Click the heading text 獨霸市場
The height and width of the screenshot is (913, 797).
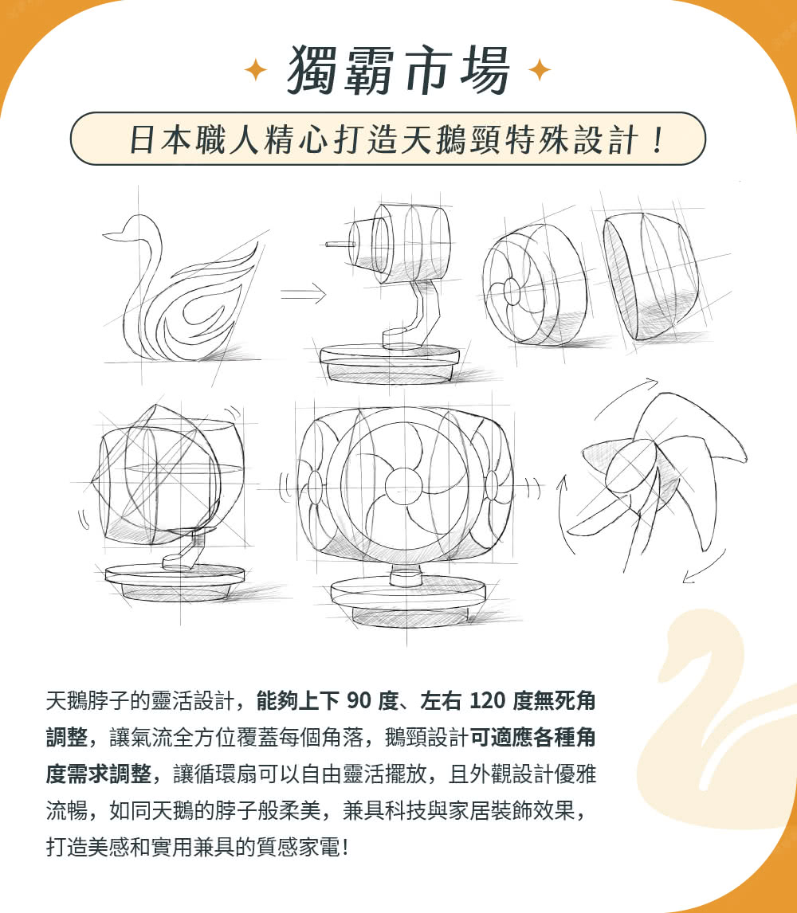(x=398, y=71)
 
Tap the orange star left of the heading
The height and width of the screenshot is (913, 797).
(x=255, y=71)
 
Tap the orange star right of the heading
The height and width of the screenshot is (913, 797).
(x=540, y=71)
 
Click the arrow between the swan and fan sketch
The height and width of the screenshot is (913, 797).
(x=304, y=296)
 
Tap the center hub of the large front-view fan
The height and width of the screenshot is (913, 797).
(x=400, y=484)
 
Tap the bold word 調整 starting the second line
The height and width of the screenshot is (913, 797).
(x=66, y=739)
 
